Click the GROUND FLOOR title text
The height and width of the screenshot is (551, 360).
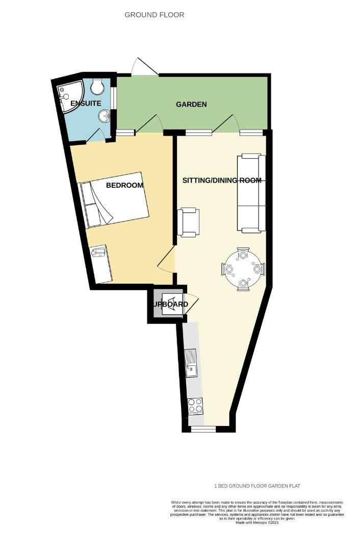pos(155,15)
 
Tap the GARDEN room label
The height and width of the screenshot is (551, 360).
pos(191,105)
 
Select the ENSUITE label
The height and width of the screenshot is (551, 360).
pos(82,104)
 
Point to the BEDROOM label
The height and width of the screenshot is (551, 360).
pos(124,185)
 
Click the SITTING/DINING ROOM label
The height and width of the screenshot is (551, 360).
pos(222,181)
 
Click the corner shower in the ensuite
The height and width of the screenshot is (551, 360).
pos(69,94)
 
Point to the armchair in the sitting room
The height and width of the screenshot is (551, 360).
pos(189,222)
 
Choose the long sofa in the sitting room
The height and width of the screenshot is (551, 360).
pos(251,192)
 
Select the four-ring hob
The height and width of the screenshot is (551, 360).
pos(195,405)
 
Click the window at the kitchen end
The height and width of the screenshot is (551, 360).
pos(203,430)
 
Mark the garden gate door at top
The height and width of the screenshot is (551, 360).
pos(145,68)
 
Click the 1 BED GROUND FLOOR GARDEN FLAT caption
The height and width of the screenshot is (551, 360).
pos(260,486)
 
